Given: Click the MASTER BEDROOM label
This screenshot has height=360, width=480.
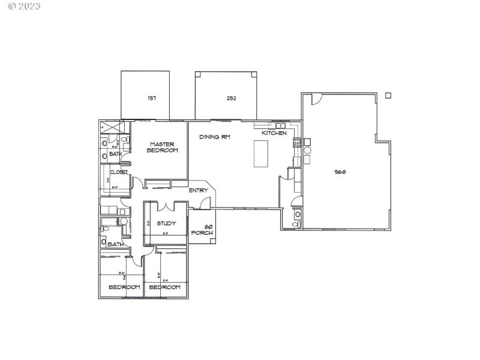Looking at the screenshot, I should tap(163, 147).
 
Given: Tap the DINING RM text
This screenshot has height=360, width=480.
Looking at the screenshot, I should tap(215, 137).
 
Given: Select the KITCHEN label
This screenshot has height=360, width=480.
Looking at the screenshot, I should tap(274, 133).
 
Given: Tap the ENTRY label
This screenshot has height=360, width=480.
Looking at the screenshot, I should tap(199, 191).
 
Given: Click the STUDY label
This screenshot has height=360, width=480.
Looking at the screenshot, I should tap(166, 224).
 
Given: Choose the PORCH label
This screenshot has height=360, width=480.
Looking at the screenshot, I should tap(202, 230).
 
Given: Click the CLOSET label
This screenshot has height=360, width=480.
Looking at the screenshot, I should tap(118, 172).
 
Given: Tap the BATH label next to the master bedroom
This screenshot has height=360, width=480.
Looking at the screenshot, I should tap(115, 154).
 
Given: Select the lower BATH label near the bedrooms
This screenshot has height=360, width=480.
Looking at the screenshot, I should tap(115, 244).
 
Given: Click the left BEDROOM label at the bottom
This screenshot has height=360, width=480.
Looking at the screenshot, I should tap(124, 287).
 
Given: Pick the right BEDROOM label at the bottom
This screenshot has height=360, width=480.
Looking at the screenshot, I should tap(164, 287).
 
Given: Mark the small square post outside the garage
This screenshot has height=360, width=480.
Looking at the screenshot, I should tap(388, 95).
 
